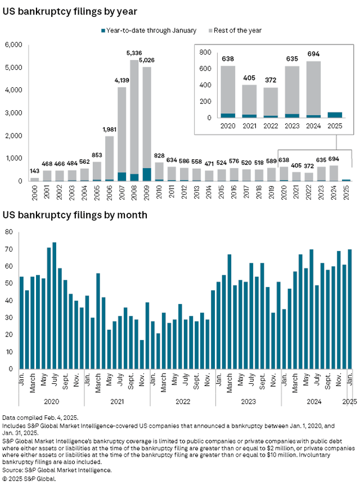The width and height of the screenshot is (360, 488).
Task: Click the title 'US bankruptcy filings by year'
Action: [x=70, y=11]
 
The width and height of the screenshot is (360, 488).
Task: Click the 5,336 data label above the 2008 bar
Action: [x=134, y=53]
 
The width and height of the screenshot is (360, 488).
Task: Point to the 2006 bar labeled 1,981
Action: [x=109, y=158]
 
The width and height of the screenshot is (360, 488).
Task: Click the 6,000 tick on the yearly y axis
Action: [x=13, y=45]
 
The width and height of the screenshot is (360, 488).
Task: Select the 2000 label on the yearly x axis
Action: [x=34, y=192]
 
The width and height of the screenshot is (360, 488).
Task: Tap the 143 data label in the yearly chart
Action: [x=34, y=171]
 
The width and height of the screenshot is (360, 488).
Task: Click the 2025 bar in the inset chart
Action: [x=335, y=115]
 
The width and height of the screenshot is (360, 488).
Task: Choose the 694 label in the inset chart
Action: [x=313, y=54]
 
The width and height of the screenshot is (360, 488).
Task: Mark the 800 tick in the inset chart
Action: [x=205, y=52]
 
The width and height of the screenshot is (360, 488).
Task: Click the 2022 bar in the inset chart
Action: [x=271, y=102]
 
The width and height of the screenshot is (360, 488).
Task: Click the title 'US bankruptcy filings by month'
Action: [x=75, y=215]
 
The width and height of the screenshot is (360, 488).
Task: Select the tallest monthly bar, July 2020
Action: [x=55, y=305]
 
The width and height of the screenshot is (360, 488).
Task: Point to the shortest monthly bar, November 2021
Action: [x=142, y=354]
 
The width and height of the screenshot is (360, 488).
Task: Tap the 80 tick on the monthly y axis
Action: [x=9, y=232]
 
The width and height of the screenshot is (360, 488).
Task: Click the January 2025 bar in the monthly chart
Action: [x=350, y=309]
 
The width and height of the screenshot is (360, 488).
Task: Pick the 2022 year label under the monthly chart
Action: [x=183, y=401]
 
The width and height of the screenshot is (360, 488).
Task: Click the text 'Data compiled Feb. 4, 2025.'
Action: [x=40, y=417]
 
